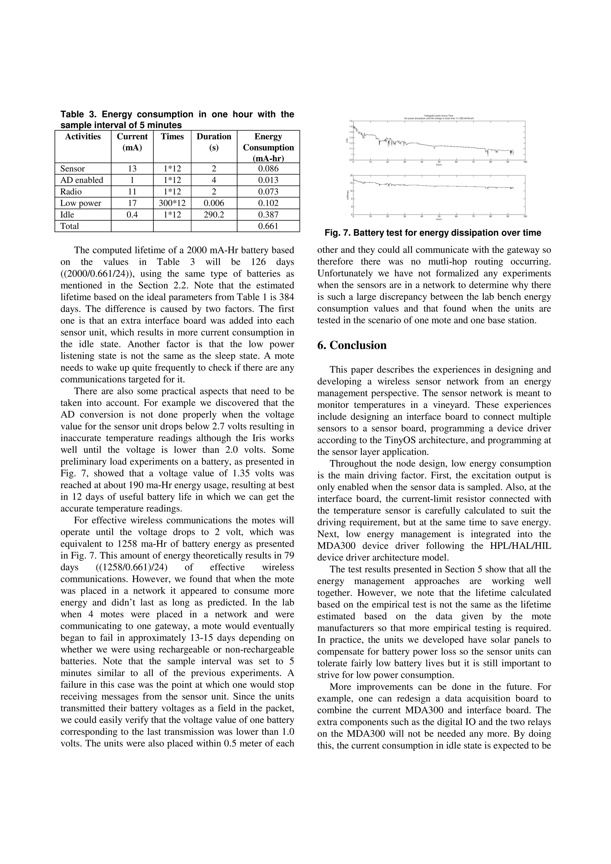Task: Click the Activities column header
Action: point(83,137)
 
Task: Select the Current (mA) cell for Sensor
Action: point(132,168)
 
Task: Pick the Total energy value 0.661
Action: point(268,226)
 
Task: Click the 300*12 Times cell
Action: point(172,203)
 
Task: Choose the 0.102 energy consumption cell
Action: point(268,203)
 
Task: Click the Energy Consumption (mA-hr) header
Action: point(268,147)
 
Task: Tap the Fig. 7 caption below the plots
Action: point(433,233)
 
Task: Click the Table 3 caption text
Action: point(177,119)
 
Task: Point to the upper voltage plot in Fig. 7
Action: point(439,140)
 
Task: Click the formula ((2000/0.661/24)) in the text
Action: point(98,274)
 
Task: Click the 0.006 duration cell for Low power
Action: point(214,203)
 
